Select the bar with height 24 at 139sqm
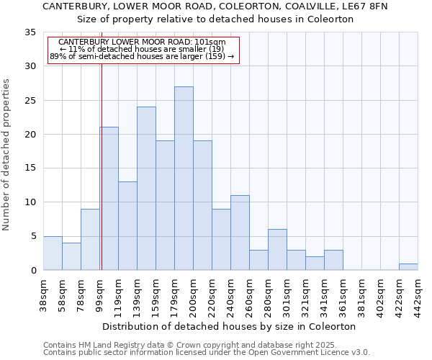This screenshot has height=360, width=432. (146, 189)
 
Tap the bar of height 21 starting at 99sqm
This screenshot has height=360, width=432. (109, 199)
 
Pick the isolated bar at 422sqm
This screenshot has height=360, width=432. (408, 266)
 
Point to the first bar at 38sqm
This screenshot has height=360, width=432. (53, 253)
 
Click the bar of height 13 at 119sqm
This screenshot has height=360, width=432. (127, 226)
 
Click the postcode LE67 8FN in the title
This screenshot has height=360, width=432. (367, 6)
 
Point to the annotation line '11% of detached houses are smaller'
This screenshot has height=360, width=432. (141, 49)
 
